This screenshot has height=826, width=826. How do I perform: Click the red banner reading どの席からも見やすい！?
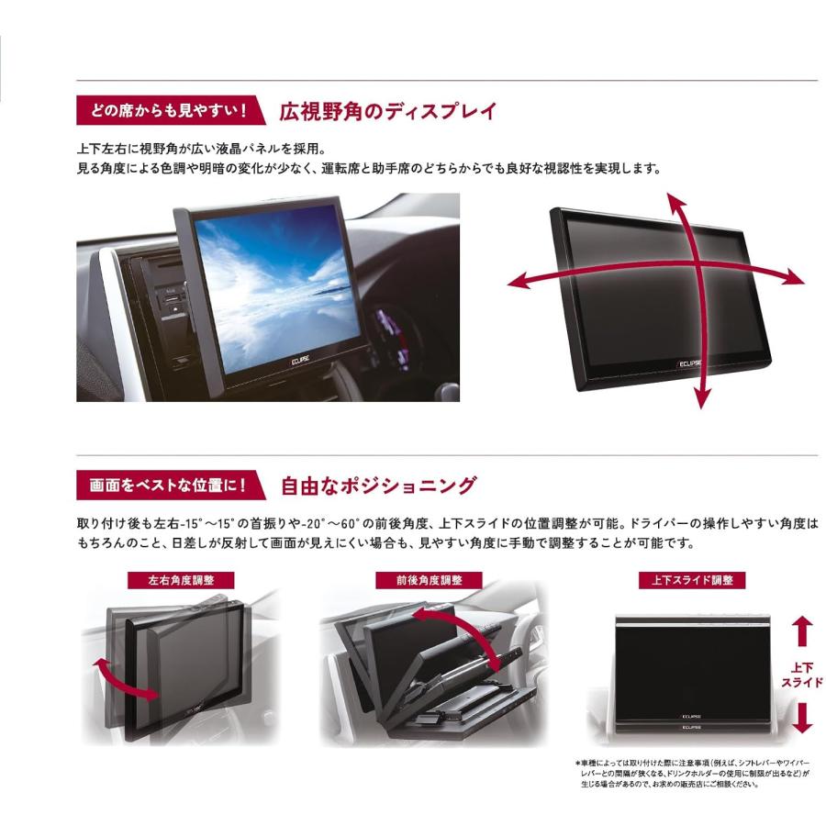164,112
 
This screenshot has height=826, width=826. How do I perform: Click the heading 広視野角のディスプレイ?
387,112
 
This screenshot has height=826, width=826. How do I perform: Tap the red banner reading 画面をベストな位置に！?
164,483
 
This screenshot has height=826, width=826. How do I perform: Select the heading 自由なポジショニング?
377,484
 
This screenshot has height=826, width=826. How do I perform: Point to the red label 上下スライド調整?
684,580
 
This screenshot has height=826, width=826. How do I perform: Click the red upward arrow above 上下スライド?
802,631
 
